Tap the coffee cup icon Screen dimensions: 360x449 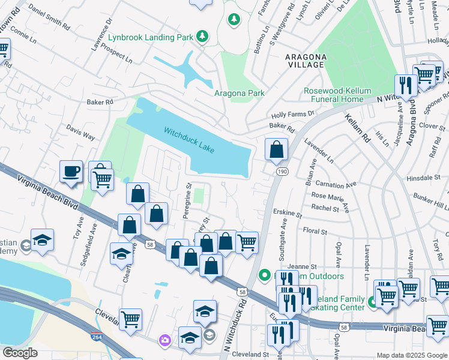(71, 171)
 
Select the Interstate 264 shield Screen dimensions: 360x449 (96, 338)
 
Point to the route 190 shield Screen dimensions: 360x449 (281, 172)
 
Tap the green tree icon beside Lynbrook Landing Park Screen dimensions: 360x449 (203, 37)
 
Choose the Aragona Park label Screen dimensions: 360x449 (240, 93)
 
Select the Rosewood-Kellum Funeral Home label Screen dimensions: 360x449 (334, 95)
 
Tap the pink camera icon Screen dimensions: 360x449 (164, 341)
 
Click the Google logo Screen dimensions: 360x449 (20, 353)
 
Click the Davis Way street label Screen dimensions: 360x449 (80, 133)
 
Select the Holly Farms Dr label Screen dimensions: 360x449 (293, 113)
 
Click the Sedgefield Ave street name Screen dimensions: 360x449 (85, 246)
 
